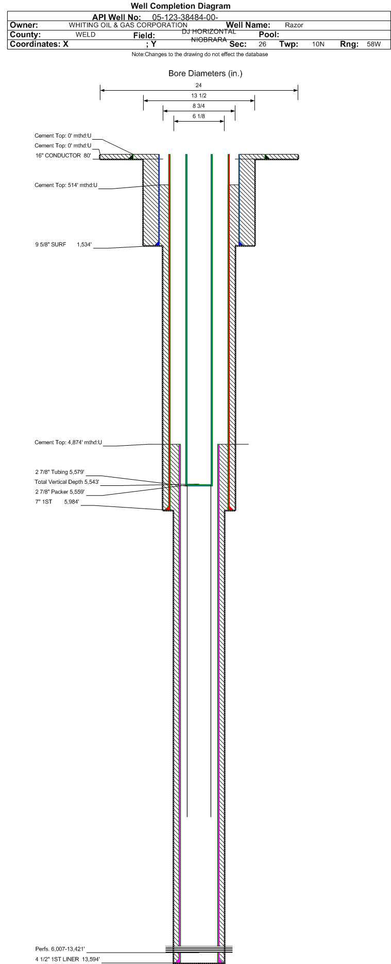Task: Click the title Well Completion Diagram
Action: [x=180, y=6]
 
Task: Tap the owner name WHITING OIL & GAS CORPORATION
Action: [x=128, y=25]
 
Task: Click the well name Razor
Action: [x=294, y=25]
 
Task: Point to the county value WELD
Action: [x=86, y=35]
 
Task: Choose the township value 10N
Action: [x=318, y=44]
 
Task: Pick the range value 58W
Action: [x=374, y=44]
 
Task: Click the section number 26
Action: [x=262, y=44]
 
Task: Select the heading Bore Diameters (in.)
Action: [x=205, y=74]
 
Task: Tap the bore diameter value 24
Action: [x=199, y=85]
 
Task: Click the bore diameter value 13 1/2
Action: [x=199, y=96]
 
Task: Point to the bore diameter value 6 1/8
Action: [x=199, y=116]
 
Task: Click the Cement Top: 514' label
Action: [x=66, y=185]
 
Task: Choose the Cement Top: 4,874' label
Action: [x=68, y=442]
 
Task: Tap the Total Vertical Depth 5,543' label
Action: [x=67, y=482]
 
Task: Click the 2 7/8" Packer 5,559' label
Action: [x=63, y=492]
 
